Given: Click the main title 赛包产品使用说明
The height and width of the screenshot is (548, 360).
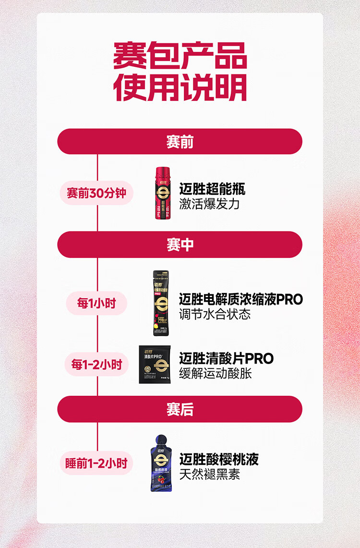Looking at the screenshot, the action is click(x=180, y=72).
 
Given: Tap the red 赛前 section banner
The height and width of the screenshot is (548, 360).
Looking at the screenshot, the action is click(x=180, y=142).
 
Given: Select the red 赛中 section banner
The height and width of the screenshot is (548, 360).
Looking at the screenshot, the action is click(x=180, y=244).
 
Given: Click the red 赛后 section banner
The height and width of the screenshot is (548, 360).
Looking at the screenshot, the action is click(x=180, y=409).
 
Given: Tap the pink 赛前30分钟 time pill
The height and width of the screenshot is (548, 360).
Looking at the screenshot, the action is click(x=96, y=193).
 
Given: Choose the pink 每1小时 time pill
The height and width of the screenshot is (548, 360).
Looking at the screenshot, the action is click(x=96, y=303).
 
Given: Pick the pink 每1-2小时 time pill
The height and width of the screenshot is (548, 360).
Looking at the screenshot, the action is click(x=96, y=365).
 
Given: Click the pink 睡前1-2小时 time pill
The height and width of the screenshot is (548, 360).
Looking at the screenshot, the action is click(x=96, y=463).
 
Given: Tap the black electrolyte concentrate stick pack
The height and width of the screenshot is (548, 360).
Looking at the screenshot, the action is click(x=161, y=303).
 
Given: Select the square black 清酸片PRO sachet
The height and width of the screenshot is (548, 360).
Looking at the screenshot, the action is click(x=156, y=365).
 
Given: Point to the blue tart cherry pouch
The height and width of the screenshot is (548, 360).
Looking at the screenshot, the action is click(x=158, y=463).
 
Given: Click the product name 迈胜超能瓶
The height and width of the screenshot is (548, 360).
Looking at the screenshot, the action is click(x=212, y=189).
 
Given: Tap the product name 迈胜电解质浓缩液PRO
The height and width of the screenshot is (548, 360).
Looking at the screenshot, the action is click(x=241, y=299).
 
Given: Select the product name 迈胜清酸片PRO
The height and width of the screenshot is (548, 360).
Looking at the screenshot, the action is click(x=226, y=358).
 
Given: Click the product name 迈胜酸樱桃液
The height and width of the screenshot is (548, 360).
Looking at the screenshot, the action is click(x=219, y=459).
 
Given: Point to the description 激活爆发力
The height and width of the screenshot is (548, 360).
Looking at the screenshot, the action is click(x=209, y=204).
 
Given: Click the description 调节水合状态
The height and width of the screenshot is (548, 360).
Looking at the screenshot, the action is click(x=215, y=315).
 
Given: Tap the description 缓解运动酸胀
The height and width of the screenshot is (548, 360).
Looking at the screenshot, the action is click(x=215, y=374).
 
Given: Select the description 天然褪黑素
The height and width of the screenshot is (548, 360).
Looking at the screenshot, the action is click(x=209, y=475).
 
